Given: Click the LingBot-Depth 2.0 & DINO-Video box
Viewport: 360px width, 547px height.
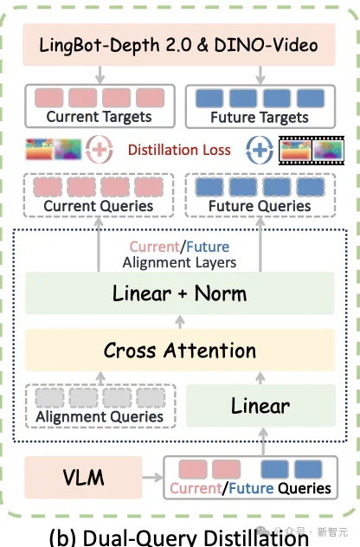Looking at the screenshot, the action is point(179,45).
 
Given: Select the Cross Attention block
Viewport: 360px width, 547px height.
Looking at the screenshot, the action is point(180,350).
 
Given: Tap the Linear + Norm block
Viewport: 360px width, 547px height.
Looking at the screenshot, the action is point(180,293).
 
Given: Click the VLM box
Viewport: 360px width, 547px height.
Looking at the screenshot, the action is point(83,477).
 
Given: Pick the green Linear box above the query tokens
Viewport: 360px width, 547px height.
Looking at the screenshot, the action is point(260,405).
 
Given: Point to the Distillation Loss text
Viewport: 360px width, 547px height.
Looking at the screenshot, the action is point(179,150).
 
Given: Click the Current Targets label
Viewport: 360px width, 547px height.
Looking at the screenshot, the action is point(99,117).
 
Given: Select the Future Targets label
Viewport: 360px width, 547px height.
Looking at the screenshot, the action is point(260,117).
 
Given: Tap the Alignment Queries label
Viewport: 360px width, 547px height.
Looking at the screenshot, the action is point(100,417).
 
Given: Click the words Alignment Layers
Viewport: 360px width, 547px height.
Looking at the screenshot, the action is point(179,262).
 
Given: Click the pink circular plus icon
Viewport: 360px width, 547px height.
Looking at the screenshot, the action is point(100,150).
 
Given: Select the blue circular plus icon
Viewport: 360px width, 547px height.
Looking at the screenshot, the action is point(260,150).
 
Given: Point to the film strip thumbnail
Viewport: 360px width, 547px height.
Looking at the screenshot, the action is point(312,151).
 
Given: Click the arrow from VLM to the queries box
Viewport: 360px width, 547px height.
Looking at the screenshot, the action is point(153,477).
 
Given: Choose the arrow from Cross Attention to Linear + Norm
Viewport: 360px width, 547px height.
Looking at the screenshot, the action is point(180,322).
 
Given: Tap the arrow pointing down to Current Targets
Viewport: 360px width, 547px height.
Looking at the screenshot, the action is point(100,75).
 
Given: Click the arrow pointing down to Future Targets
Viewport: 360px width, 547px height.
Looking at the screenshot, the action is point(260,75).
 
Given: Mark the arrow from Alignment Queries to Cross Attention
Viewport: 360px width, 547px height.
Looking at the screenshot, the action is point(100,378).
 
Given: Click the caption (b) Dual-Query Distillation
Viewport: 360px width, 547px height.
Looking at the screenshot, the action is point(178,537).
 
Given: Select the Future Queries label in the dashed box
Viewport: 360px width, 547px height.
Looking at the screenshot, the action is point(260,206).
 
